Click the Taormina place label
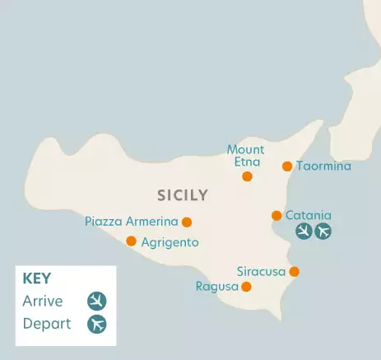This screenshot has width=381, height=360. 323,166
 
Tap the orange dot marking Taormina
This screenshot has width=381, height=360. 287,166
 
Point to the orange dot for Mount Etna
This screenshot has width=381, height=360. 247,176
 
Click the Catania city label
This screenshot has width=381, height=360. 309,215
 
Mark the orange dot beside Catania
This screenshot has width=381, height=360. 276,216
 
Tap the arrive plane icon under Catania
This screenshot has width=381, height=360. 304,231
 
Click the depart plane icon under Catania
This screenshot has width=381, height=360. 323,231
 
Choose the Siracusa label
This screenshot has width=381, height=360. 261,271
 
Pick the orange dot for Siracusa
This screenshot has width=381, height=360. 294,272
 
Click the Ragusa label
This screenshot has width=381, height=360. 216,287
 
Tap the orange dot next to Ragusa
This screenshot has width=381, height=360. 246,287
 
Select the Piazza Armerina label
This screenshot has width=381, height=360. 132,222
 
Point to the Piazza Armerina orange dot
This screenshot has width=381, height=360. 187,222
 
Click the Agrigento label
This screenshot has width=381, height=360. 170,242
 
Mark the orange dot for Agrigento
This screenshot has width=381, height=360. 131,241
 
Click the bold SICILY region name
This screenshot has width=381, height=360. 182,195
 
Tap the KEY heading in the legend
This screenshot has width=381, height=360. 38,278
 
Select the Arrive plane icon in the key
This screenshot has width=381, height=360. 97,301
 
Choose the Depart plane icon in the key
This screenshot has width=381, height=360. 97,324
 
